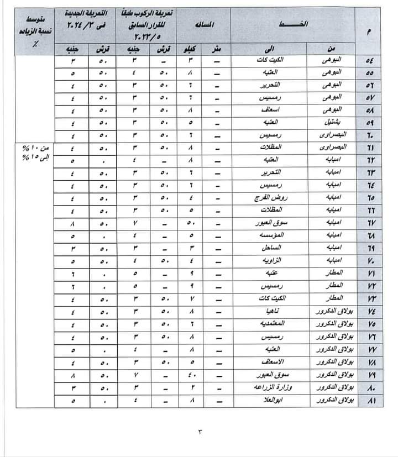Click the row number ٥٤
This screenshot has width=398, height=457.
pyautogui.click(x=370, y=59)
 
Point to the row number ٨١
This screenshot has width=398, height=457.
pyautogui.click(x=370, y=402)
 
